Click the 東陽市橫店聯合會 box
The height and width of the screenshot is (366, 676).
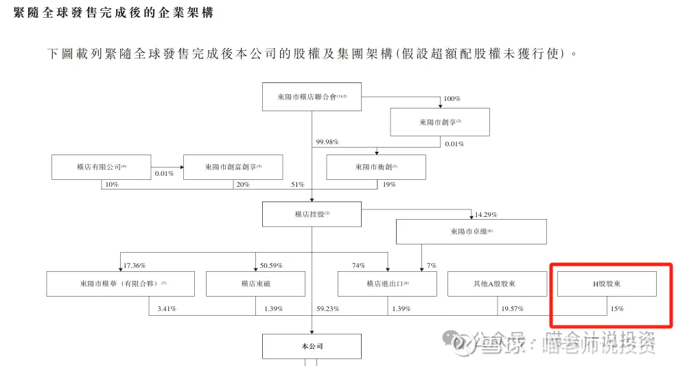312,97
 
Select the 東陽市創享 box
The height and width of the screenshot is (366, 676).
440,122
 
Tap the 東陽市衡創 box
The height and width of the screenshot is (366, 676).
376,167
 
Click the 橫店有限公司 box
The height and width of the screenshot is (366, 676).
102,167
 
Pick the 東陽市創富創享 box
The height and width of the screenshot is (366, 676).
233,167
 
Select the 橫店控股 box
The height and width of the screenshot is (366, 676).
312,214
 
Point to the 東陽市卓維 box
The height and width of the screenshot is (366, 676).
471,231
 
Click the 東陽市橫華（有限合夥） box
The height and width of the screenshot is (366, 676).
121,284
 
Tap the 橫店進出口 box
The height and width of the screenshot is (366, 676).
387,284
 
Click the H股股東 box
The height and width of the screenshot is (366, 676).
607,284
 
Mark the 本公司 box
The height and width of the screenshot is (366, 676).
312,347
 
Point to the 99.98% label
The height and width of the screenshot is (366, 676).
327,142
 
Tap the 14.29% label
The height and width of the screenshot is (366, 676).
485,215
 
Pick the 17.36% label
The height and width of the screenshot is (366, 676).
135,265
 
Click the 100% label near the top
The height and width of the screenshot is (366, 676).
452,99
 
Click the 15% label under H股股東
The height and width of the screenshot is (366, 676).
616,310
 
